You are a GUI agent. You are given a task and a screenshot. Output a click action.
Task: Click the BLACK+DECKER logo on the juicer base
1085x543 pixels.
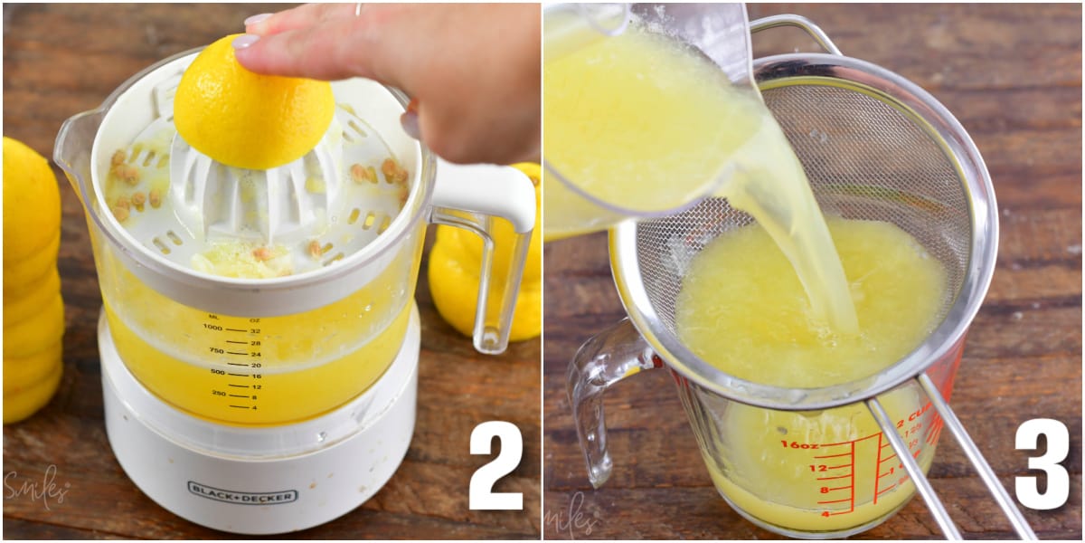[241, 492]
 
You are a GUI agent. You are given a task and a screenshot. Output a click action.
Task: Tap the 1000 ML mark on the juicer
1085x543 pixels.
[213, 328]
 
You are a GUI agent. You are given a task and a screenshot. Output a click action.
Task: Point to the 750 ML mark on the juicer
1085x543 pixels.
[216, 350]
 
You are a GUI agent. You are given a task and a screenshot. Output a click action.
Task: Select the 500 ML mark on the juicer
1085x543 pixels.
[217, 372]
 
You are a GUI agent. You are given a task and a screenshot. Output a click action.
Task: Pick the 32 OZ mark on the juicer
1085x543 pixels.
[256, 331]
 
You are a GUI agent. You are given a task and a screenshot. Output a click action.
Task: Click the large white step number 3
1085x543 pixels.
[1041, 464]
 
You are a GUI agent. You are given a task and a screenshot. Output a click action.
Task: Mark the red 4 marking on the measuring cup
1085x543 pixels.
[824, 512]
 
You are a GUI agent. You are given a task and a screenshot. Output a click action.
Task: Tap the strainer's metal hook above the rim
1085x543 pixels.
[796, 32]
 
